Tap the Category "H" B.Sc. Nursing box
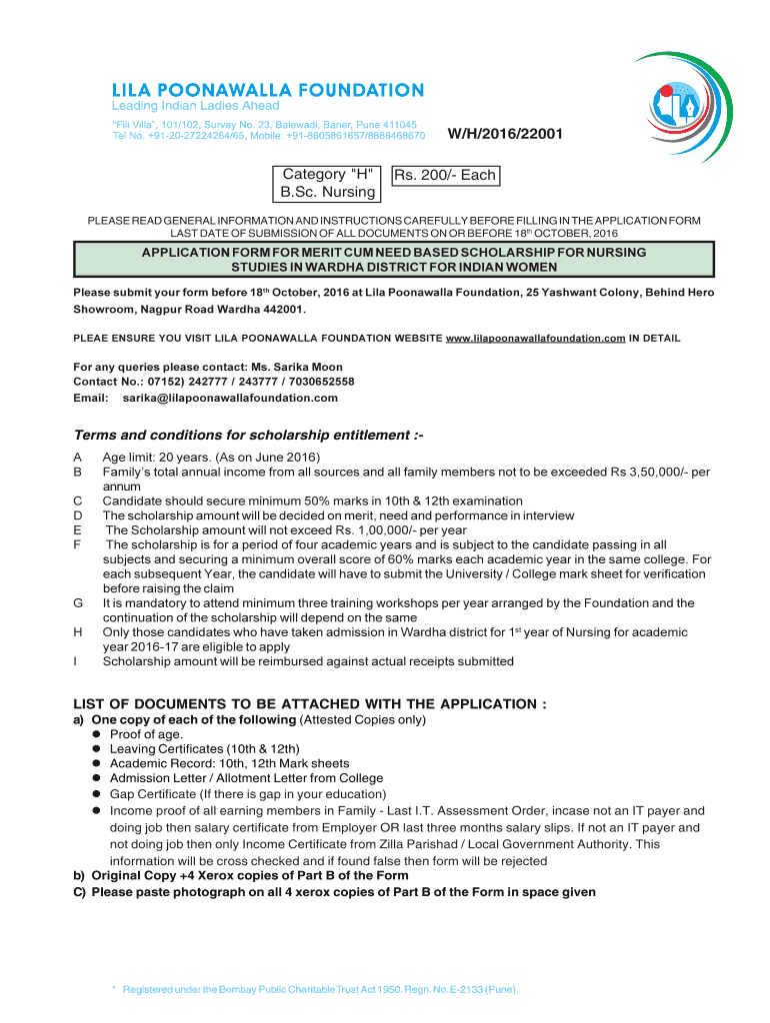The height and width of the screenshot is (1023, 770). pyautogui.click(x=328, y=183)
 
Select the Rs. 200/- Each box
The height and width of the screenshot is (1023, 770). pyautogui.click(x=445, y=175)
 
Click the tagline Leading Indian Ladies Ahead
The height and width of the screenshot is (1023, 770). pyautogui.click(x=195, y=106)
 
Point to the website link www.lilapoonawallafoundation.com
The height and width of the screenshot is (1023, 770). pyautogui.click(x=535, y=339)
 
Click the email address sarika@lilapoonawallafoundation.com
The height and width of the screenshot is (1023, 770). pyautogui.click(x=230, y=398)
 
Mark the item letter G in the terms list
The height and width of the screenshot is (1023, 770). pyautogui.click(x=78, y=603)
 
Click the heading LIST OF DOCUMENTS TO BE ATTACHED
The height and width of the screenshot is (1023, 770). pyautogui.click(x=310, y=704)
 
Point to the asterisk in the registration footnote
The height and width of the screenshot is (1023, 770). pyautogui.click(x=114, y=989)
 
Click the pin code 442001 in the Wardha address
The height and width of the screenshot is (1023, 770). pyautogui.click(x=280, y=309)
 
